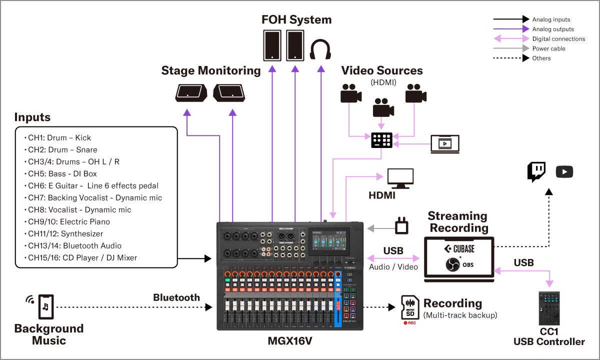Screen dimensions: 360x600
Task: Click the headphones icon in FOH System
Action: pyautogui.click(x=320, y=50)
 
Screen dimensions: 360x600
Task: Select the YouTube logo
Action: pyautogui.click(x=564, y=172)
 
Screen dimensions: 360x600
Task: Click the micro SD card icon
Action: pyautogui.click(x=410, y=307)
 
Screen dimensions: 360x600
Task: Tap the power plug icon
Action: pyautogui.click(x=401, y=226)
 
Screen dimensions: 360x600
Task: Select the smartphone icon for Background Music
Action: pyautogui.click(x=45, y=305)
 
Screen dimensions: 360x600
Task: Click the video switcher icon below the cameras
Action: pyautogui.click(x=381, y=140)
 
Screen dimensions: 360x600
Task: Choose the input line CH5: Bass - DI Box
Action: pyautogui.click(x=62, y=173)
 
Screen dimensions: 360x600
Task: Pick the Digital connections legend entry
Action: pyautogui.click(x=558, y=38)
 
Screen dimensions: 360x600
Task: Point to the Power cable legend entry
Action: pyautogui.click(x=548, y=48)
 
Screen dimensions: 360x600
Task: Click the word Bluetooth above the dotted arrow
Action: pyautogui.click(x=176, y=297)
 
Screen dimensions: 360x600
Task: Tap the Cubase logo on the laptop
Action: pyautogui.click(x=459, y=248)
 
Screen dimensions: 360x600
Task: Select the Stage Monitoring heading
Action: pyautogui.click(x=210, y=70)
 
